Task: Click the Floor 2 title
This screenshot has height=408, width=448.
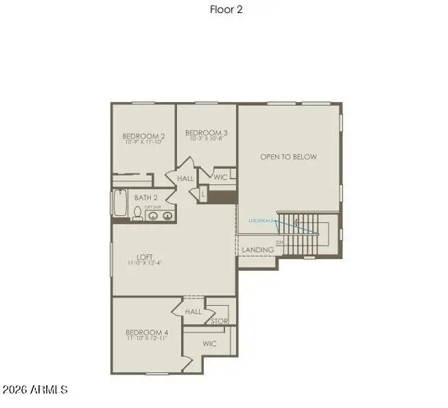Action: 226,10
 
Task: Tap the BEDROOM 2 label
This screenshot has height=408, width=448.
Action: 143,136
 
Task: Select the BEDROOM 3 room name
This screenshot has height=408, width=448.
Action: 207,132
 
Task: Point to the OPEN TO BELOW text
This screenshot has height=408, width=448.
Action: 288,157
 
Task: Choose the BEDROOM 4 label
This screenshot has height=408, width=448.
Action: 148,332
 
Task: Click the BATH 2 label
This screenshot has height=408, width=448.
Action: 146,197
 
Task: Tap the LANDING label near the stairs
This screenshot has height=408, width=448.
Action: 258,250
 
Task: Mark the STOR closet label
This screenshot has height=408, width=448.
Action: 219,320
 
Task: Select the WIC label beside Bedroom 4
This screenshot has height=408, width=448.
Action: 209,344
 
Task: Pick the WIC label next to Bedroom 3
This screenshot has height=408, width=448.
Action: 220,177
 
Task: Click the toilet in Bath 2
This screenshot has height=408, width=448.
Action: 137,213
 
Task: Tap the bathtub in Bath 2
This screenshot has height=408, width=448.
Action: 120,204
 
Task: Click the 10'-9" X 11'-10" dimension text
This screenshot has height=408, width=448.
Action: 143,143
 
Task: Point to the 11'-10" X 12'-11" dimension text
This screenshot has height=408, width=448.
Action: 148,339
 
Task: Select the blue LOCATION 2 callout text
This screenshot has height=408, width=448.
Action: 261,221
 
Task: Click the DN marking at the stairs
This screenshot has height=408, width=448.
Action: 279,243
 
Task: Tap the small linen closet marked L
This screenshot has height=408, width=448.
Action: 203,195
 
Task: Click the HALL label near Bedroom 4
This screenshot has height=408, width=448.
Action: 193,311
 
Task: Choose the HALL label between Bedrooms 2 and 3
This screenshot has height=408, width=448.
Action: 185,178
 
